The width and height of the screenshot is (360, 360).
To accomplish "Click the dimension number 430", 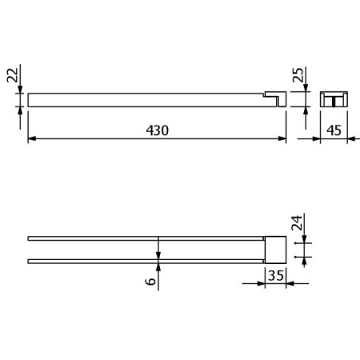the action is click(x=158, y=130).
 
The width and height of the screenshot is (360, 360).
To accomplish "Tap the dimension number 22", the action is click(x=12, y=75).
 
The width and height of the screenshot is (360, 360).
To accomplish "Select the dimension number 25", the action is click(x=298, y=75).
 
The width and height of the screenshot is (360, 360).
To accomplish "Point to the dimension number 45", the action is click(x=334, y=130).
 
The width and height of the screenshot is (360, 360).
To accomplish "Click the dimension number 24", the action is click(x=297, y=222).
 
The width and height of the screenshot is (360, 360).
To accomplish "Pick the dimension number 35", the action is click(x=276, y=275).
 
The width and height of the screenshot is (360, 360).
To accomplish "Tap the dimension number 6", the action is click(x=151, y=281).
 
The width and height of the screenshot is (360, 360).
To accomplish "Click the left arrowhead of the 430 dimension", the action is click(x=32, y=138).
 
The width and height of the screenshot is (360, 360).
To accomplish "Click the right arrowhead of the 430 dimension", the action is click(x=282, y=138).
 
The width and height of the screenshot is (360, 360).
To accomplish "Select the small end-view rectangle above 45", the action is click(x=334, y=99).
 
